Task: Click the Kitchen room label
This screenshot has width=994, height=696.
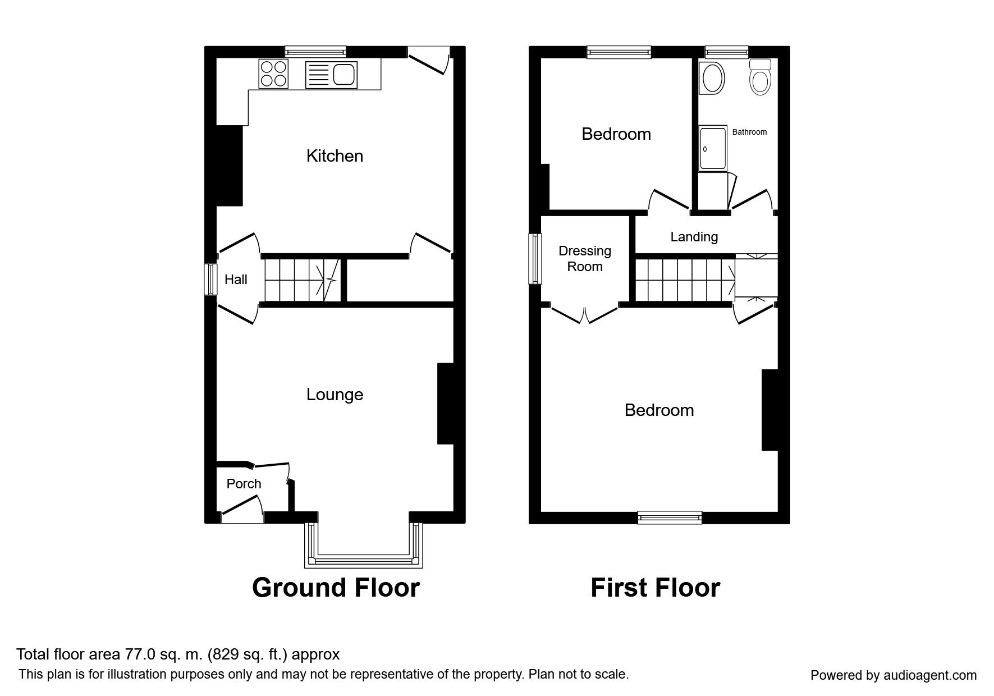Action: pos(335,155)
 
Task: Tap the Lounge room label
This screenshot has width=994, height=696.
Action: pos(335,395)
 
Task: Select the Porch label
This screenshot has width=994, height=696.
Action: pos(244,483)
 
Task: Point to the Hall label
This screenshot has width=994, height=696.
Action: pos(236,279)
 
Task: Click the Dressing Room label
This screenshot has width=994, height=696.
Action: pos(585,259)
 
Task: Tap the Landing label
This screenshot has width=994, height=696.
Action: pos(694,237)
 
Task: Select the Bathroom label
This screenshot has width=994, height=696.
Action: pos(749,132)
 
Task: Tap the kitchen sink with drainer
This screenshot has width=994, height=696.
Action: pos(331,75)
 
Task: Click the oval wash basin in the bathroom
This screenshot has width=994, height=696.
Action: pos(712,78)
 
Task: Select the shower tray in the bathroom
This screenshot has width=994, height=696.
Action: pos(713,148)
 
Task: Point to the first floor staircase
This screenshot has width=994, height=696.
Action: pos(685,280)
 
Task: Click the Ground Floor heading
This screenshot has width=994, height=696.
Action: pos(336,588)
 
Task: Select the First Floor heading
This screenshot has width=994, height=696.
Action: pos(655,588)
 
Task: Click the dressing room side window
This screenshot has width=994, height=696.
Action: pos(535,259)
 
